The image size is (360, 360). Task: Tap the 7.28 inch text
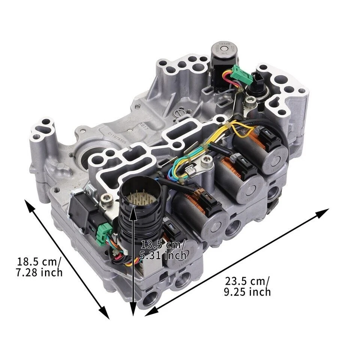39,272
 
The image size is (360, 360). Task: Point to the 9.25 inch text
247,292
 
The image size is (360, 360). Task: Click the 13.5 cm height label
162,245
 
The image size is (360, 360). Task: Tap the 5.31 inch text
163,256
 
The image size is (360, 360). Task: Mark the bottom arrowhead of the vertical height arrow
133,311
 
